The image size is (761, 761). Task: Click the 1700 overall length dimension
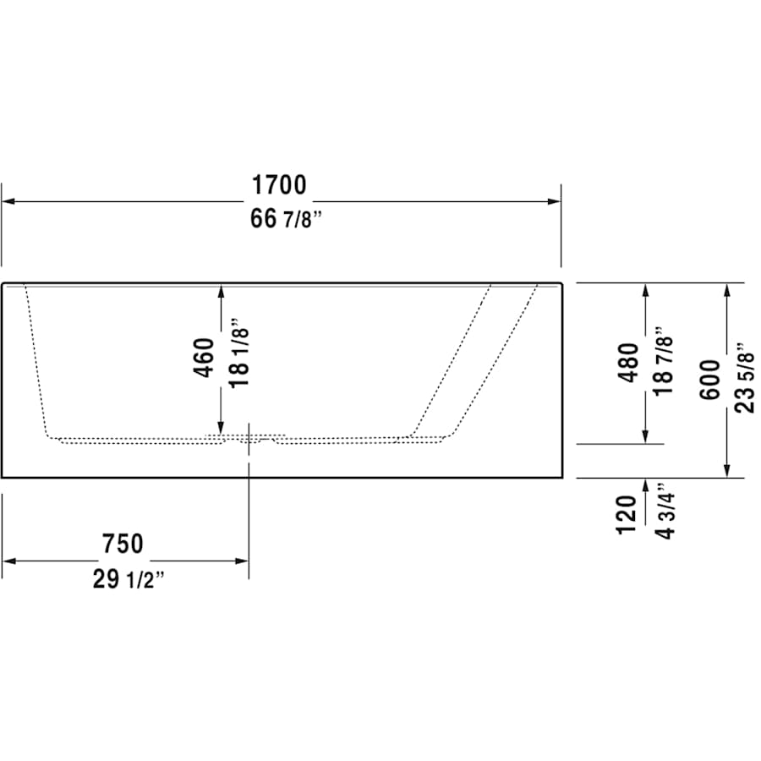[x=277, y=184]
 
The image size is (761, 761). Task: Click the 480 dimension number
[x=629, y=362]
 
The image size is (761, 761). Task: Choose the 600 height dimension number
[x=710, y=379]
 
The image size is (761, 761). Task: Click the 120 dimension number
[x=627, y=514]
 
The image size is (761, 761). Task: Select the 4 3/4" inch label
[x=665, y=514]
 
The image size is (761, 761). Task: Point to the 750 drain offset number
[x=123, y=544]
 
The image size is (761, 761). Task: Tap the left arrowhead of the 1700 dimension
[x=8, y=202]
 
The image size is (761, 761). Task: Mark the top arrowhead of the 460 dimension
[x=221, y=291]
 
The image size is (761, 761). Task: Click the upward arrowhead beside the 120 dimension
[x=646, y=485]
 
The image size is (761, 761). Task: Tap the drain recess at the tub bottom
[x=249, y=438]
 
